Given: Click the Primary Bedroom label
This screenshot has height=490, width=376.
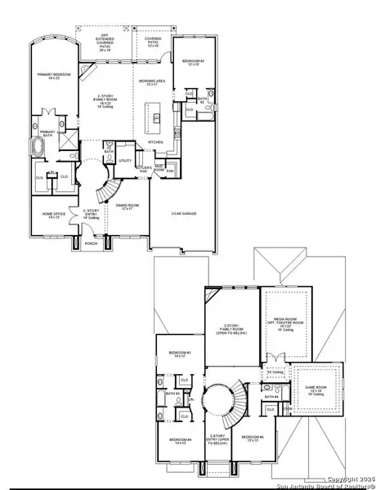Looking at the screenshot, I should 53,75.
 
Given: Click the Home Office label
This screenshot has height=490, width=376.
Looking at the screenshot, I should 51,216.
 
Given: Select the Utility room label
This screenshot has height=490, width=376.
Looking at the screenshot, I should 126,161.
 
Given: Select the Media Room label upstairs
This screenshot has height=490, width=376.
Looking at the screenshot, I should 286,323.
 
